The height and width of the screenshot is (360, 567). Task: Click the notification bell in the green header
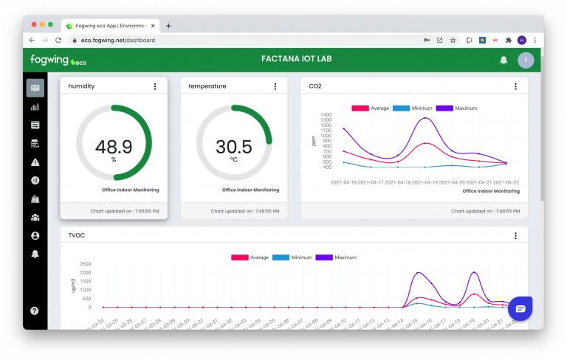click(x=504, y=60)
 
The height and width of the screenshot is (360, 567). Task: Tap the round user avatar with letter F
click(x=526, y=60)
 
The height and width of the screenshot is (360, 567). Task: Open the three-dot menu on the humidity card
click(x=155, y=86)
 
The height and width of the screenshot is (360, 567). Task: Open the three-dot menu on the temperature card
click(x=276, y=86)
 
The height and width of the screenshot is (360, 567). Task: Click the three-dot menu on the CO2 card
click(x=515, y=86)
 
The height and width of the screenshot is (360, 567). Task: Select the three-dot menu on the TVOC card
click(x=515, y=236)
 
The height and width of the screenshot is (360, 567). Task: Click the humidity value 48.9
click(x=114, y=146)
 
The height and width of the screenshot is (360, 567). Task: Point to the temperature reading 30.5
click(x=234, y=146)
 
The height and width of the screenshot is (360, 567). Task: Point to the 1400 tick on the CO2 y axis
click(x=326, y=115)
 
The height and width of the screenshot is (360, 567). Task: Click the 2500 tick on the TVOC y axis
click(x=84, y=264)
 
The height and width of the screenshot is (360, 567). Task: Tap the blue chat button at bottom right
click(x=520, y=308)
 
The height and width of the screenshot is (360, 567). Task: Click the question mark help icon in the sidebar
click(x=35, y=311)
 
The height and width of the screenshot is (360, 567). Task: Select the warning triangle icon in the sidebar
click(x=35, y=162)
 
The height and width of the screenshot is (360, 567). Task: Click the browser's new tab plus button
click(x=168, y=25)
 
